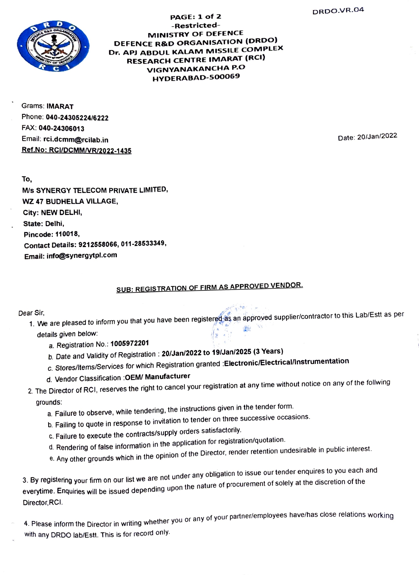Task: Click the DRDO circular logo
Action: (53, 46)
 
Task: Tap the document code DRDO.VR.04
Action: (338, 10)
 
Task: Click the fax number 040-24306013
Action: (61, 129)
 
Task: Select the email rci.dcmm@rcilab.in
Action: (76, 140)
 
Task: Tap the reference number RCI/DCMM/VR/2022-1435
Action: (90, 151)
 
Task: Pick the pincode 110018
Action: (67, 234)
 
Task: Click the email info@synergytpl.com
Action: (82, 255)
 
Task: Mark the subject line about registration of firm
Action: (209, 287)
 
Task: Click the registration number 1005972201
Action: (129, 344)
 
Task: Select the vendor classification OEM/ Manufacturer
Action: (157, 377)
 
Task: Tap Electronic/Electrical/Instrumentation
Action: (286, 362)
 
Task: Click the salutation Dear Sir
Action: (31, 313)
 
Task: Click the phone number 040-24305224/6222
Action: (77, 118)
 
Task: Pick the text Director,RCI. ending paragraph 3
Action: (43, 503)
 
